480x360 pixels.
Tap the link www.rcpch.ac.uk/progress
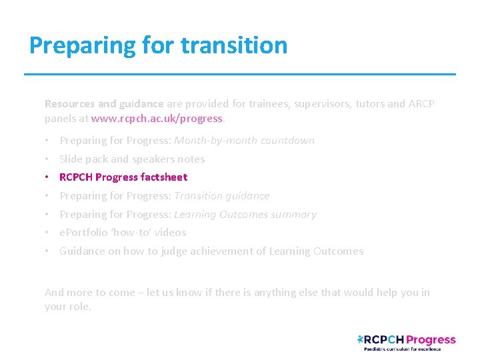[157, 119]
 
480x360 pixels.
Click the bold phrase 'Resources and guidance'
[103, 104]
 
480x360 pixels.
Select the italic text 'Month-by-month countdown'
[244, 141]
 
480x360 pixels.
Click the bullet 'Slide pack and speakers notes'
[132, 159]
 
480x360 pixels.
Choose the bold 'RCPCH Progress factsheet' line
[123, 177]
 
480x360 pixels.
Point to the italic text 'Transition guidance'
[221, 196]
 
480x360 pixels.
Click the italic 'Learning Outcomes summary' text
[245, 215]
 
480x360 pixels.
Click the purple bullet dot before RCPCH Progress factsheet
[47, 177]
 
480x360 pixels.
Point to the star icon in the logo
[361, 339]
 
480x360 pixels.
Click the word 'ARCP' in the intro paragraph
[421, 104]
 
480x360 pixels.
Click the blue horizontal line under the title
[240, 74]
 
